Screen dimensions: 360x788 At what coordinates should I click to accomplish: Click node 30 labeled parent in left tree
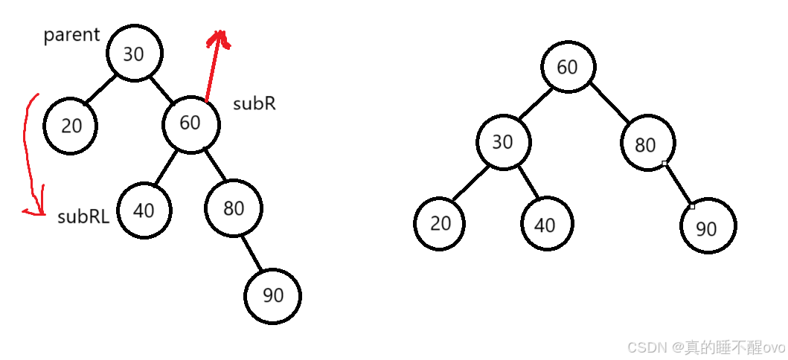coord(134,54)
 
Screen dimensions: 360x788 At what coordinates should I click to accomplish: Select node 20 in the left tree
coord(71,126)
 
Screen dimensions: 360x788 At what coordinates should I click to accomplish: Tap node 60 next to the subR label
coord(191,123)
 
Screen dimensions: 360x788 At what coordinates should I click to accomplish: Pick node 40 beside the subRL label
coord(144,210)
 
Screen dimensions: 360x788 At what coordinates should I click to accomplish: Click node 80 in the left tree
coord(234,208)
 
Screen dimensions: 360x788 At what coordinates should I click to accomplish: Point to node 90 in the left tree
coord(273,295)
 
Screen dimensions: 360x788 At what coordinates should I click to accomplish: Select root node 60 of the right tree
coord(567,67)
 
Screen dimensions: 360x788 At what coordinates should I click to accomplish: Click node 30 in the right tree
coord(503,141)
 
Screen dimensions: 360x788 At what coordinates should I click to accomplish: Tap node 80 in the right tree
coord(646,144)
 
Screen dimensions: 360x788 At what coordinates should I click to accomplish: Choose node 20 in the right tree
coord(441,223)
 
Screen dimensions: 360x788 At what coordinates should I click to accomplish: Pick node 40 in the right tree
coord(546,225)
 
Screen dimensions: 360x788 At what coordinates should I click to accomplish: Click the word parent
coord(71,35)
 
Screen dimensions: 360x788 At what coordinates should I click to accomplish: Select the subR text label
coord(254,103)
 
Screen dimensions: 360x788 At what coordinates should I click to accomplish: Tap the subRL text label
coord(83,216)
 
